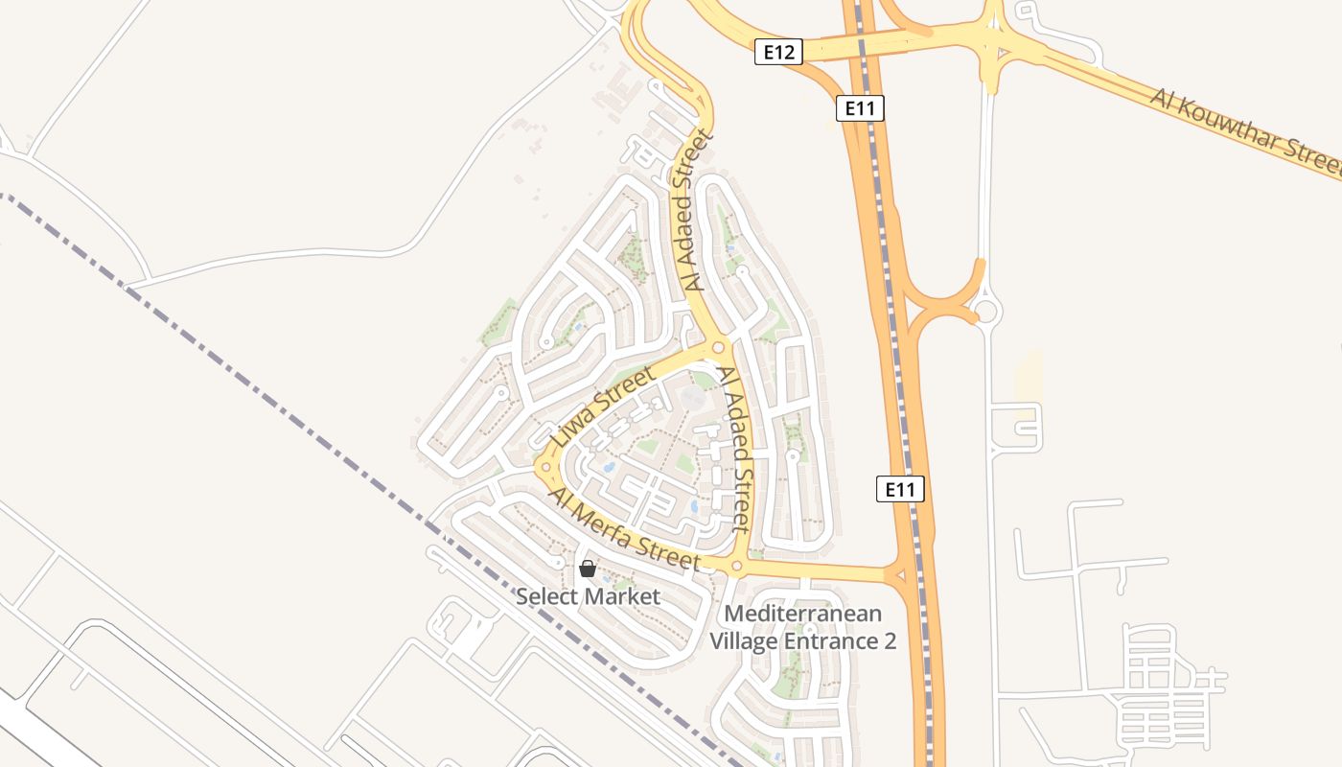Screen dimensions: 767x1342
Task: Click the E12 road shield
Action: tap(777, 52)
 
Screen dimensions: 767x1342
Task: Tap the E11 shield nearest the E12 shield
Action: tap(860, 108)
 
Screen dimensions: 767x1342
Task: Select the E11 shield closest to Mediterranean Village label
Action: tap(900, 490)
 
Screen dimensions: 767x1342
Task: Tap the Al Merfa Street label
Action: tap(623, 529)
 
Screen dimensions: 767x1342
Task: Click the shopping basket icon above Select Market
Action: tap(588, 569)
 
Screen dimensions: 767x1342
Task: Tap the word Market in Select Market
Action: tap(622, 597)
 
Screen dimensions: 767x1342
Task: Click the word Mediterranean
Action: tap(803, 614)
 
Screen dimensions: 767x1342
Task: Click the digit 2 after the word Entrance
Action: tap(890, 641)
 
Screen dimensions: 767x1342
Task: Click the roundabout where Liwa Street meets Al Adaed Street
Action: tap(718, 347)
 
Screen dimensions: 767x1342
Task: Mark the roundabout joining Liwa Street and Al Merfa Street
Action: tap(545, 468)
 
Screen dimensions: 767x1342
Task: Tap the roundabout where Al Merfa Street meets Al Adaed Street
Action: tap(736, 567)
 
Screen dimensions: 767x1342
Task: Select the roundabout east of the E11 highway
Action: tap(985, 311)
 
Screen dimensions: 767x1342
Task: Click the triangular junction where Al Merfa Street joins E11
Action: tap(899, 575)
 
